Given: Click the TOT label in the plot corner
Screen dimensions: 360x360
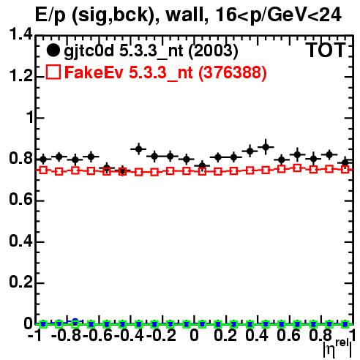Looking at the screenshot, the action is pyautogui.click(x=326, y=50).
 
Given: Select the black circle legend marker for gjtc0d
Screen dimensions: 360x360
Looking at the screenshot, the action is pyautogui.click(x=53, y=50).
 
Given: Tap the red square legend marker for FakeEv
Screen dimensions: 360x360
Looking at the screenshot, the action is pyautogui.click(x=53, y=72).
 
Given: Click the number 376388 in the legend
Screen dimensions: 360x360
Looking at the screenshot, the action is pyautogui.click(x=233, y=72).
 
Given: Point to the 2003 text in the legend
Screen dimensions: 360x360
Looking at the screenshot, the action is pyautogui.click(x=213, y=50).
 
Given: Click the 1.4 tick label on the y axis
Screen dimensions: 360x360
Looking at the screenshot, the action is pyautogui.click(x=20, y=34).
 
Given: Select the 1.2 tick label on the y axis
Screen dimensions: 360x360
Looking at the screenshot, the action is pyautogui.click(x=20, y=76).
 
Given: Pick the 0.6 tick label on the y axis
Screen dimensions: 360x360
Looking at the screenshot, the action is pyautogui.click(x=20, y=200).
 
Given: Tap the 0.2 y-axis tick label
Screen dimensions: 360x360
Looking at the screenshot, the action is pyautogui.click(x=20, y=282).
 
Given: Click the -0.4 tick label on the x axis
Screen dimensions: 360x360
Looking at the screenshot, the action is pyautogui.click(x=130, y=335).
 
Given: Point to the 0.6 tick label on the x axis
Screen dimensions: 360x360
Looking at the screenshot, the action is pyautogui.click(x=288, y=335).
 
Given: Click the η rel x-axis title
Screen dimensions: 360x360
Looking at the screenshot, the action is pyautogui.click(x=337, y=348).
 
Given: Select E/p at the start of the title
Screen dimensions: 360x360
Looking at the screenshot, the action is pyautogui.click(x=50, y=15).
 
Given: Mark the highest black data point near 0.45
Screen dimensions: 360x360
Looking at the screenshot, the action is pyautogui.click(x=266, y=147).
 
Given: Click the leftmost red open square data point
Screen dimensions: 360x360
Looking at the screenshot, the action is pyautogui.click(x=43, y=170).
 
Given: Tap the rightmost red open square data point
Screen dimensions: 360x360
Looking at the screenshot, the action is pyautogui.click(x=345, y=169).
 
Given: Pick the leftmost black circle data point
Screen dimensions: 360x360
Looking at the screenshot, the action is pyautogui.click(x=43, y=160).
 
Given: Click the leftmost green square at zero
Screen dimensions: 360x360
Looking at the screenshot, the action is pyautogui.click(x=43, y=324).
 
